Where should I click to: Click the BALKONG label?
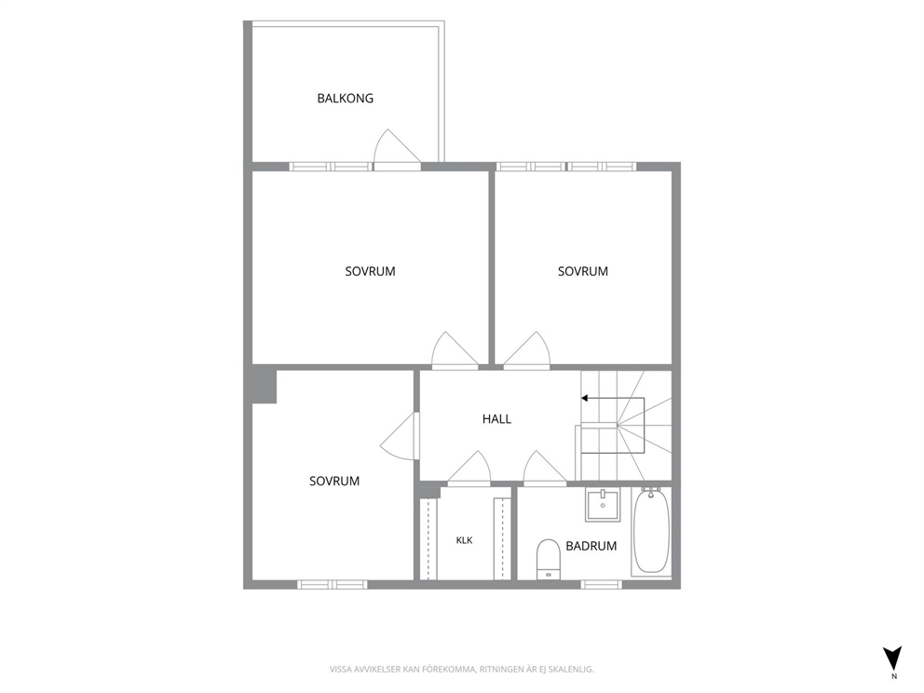pos(346,99)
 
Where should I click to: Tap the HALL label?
pos(496,419)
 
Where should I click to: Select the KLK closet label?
pos(465,540)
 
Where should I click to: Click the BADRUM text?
pos(591,546)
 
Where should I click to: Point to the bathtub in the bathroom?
pos(651,531)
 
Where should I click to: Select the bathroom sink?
pos(603,505)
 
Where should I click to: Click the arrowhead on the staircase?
pos(585,399)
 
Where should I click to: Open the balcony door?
pos(397,148)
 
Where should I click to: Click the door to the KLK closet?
pos(469,469)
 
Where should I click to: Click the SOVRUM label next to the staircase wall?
pos(583,272)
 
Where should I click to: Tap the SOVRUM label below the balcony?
pos(370,272)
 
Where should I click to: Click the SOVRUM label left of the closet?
pos(334,482)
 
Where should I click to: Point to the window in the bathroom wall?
pos(601,585)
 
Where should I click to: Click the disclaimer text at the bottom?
pos(461,670)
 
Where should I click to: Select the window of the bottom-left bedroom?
pos(333,585)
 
